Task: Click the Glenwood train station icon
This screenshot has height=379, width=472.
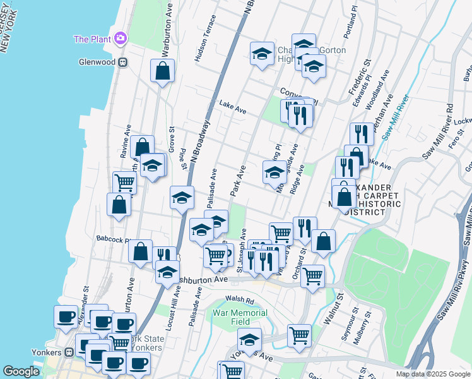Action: coord(123,63)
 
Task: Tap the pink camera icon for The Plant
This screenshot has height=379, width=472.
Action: coord(120,39)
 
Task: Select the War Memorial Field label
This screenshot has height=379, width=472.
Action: coord(240,317)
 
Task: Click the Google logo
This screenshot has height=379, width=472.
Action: coord(21,371)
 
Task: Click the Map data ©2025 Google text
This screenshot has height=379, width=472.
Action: coord(433,374)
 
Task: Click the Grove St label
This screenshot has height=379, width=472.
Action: coord(171,138)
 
